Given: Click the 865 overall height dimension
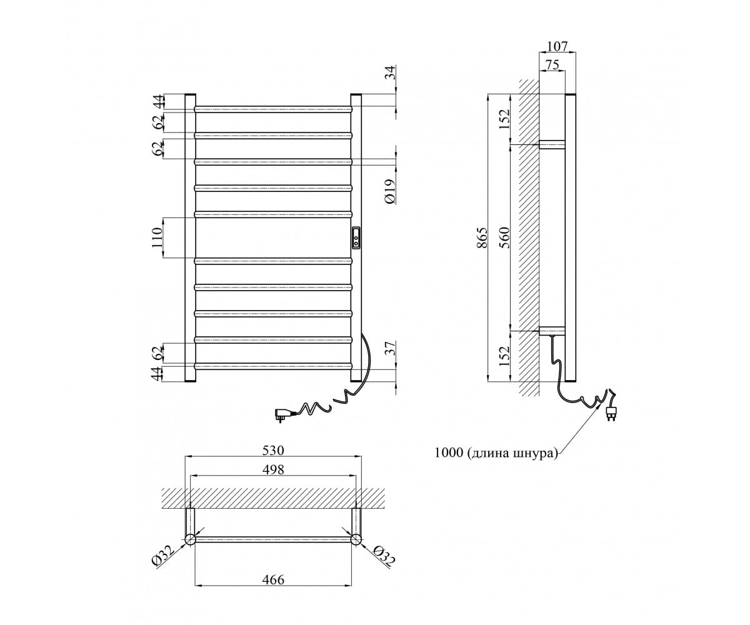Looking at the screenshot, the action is (482, 237).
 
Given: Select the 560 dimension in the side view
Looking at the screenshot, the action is (504, 237).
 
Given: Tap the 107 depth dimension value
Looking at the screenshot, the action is (557, 46).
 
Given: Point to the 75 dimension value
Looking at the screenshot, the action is (552, 64).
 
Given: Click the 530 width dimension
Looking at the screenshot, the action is (273, 450).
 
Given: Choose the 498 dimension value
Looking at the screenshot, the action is (273, 469).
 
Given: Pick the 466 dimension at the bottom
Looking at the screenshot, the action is (273, 579).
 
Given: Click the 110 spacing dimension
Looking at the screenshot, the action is (157, 237).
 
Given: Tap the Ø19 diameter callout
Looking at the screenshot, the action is (390, 191).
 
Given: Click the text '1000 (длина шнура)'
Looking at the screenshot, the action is (496, 453).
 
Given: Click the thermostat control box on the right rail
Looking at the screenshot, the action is (356, 237).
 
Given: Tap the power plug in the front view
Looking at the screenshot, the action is (282, 414).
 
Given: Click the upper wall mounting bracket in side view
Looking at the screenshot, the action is (552, 144).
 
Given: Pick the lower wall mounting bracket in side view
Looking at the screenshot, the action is (552, 331).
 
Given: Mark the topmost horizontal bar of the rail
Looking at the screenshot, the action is (273, 109).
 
